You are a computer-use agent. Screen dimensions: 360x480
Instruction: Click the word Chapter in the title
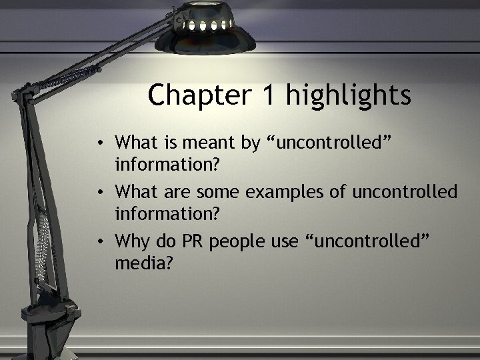(x=199, y=95)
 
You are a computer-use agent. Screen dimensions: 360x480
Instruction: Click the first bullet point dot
(x=99, y=142)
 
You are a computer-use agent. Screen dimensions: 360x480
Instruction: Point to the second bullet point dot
(x=99, y=193)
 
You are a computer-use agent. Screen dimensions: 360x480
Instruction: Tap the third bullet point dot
(x=99, y=240)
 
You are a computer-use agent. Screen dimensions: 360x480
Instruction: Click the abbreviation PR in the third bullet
(x=193, y=240)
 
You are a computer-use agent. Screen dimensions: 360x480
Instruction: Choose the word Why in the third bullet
(x=131, y=241)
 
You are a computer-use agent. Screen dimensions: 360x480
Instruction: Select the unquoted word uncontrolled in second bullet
(x=405, y=192)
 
